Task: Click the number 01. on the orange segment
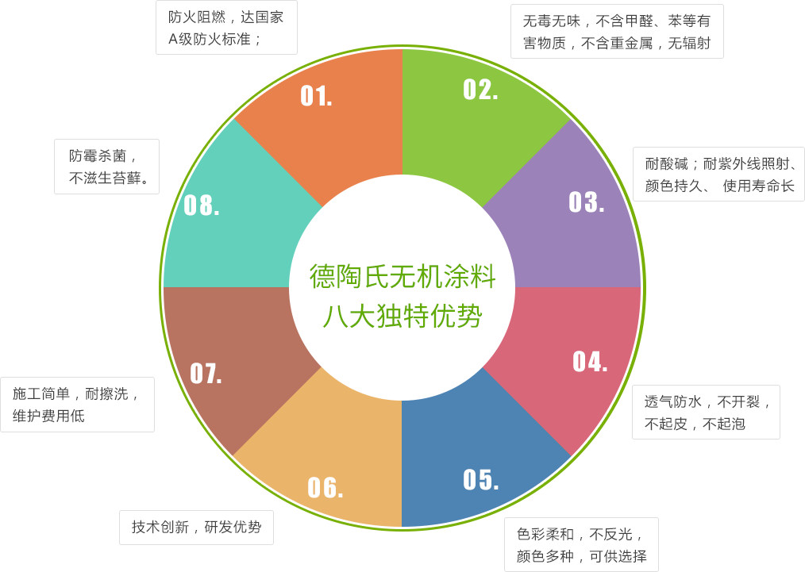coord(316,96)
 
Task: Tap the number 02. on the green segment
coord(480,90)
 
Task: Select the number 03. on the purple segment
coord(586,202)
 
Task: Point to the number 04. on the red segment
coord(590,362)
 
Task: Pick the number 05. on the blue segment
coord(480,479)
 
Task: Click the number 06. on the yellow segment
coord(325,487)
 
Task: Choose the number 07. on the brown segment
coord(206,373)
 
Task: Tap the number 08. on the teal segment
coord(202,205)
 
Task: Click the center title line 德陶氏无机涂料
coord(402,278)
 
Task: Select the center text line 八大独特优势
coord(402,316)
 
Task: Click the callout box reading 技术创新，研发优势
coord(196,527)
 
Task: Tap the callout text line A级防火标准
coord(214,38)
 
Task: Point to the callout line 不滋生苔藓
coord(110,179)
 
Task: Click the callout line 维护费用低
coord(48,415)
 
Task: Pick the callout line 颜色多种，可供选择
coord(581,556)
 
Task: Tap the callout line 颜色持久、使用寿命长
coord(719,186)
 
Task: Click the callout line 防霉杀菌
coord(102,155)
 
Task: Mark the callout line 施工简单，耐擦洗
coord(75,393)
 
